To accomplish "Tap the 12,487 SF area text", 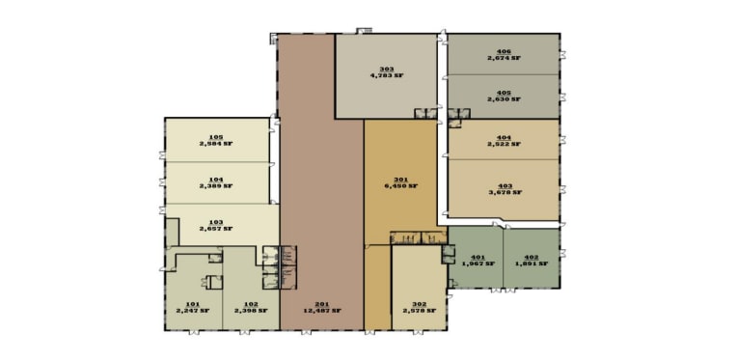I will point(322,311).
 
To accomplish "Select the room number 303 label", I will point(387,68).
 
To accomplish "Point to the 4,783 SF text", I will point(387,75).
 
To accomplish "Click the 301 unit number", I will point(401,179).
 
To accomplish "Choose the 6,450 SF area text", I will point(401,186).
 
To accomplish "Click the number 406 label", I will point(504,51).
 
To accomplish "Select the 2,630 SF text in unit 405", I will point(504,98).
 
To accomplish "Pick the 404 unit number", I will point(504,137).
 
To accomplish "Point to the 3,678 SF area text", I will point(505,192).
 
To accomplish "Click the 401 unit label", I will point(478,256).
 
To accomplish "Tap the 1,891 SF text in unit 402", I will point(531,263).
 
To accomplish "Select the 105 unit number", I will point(216,137).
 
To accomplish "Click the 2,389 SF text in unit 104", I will point(216,186).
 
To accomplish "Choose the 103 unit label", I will point(216,221).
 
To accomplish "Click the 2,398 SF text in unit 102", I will point(251,311).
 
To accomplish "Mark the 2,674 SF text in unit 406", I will point(504,59).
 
